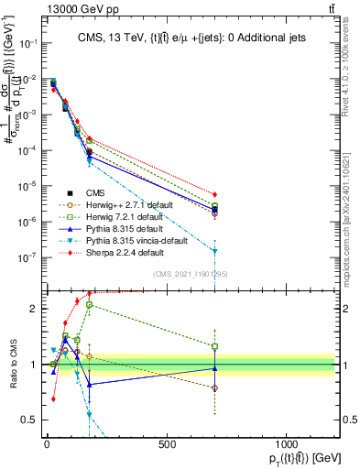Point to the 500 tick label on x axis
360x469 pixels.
pos(167,443)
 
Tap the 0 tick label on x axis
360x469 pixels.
pos(47,443)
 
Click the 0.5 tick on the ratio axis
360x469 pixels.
pos(28,420)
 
